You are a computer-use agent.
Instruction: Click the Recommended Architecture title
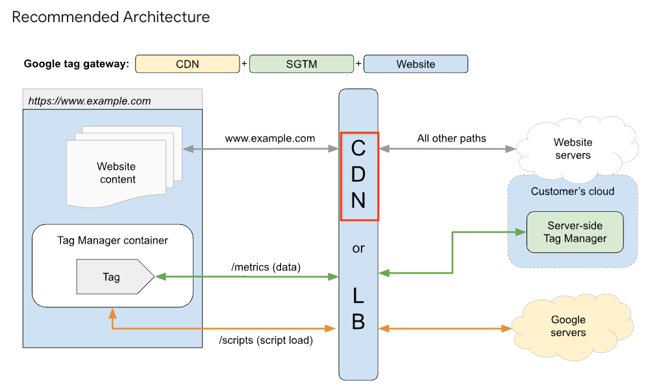(x=111, y=17)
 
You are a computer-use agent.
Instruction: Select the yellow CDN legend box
(x=187, y=64)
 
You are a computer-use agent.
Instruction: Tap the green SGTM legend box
(x=302, y=64)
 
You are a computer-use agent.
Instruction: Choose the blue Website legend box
(x=416, y=64)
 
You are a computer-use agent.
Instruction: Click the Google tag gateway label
(x=77, y=64)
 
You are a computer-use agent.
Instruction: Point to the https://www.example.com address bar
(x=112, y=101)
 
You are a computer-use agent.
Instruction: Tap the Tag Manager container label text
(x=112, y=240)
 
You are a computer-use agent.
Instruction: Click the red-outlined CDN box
(x=359, y=175)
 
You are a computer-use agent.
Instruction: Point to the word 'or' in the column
(x=358, y=248)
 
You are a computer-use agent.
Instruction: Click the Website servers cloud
(x=573, y=149)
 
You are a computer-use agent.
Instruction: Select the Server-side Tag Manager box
(x=575, y=232)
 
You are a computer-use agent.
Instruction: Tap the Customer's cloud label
(x=572, y=191)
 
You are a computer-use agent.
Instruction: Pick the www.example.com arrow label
(x=270, y=138)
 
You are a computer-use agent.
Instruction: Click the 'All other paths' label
(x=451, y=138)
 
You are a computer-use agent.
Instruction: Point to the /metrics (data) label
(x=266, y=266)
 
